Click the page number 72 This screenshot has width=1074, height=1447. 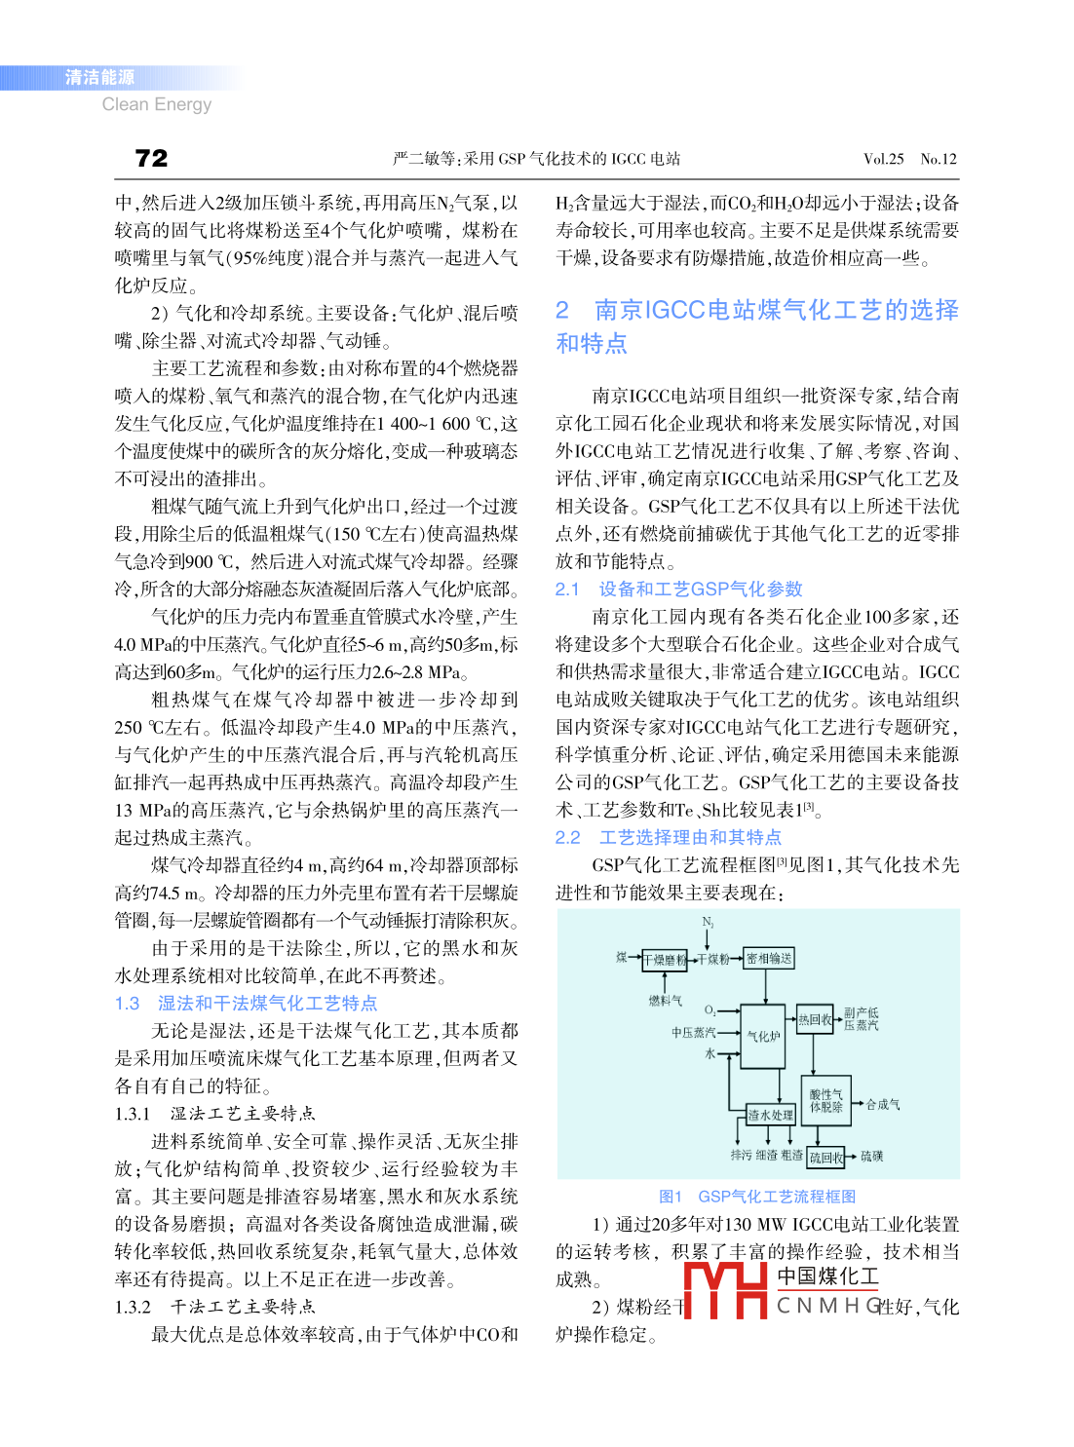pos(151,159)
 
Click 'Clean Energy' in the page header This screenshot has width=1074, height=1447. pos(156,104)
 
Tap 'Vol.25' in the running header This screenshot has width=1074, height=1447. pos(883,159)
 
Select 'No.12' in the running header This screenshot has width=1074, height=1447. pos(939,159)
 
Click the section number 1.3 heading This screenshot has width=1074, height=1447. pos(128,1004)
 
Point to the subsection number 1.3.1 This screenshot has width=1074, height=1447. pos(133,1114)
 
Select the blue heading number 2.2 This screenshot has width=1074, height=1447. pos(567,838)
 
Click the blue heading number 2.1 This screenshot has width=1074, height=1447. pos(567,590)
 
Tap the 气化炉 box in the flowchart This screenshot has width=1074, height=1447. pos(763,1036)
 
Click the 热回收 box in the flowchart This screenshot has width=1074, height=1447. pos(815,1019)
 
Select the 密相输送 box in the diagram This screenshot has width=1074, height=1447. pos(769,959)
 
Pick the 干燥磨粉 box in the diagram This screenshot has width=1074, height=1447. pos(665,960)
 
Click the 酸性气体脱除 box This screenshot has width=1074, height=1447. pos(825,1101)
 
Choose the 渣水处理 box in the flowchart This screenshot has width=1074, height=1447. pos(770,1115)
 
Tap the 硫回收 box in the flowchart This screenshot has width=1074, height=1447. pos(825,1158)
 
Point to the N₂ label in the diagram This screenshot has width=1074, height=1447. pos(708,922)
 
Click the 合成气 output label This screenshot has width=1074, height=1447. pos(883,1104)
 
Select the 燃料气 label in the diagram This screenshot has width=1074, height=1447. pos(666,1001)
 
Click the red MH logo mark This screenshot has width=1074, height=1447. pos(725,1290)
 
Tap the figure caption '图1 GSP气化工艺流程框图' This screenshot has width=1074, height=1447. pos(757,1197)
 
